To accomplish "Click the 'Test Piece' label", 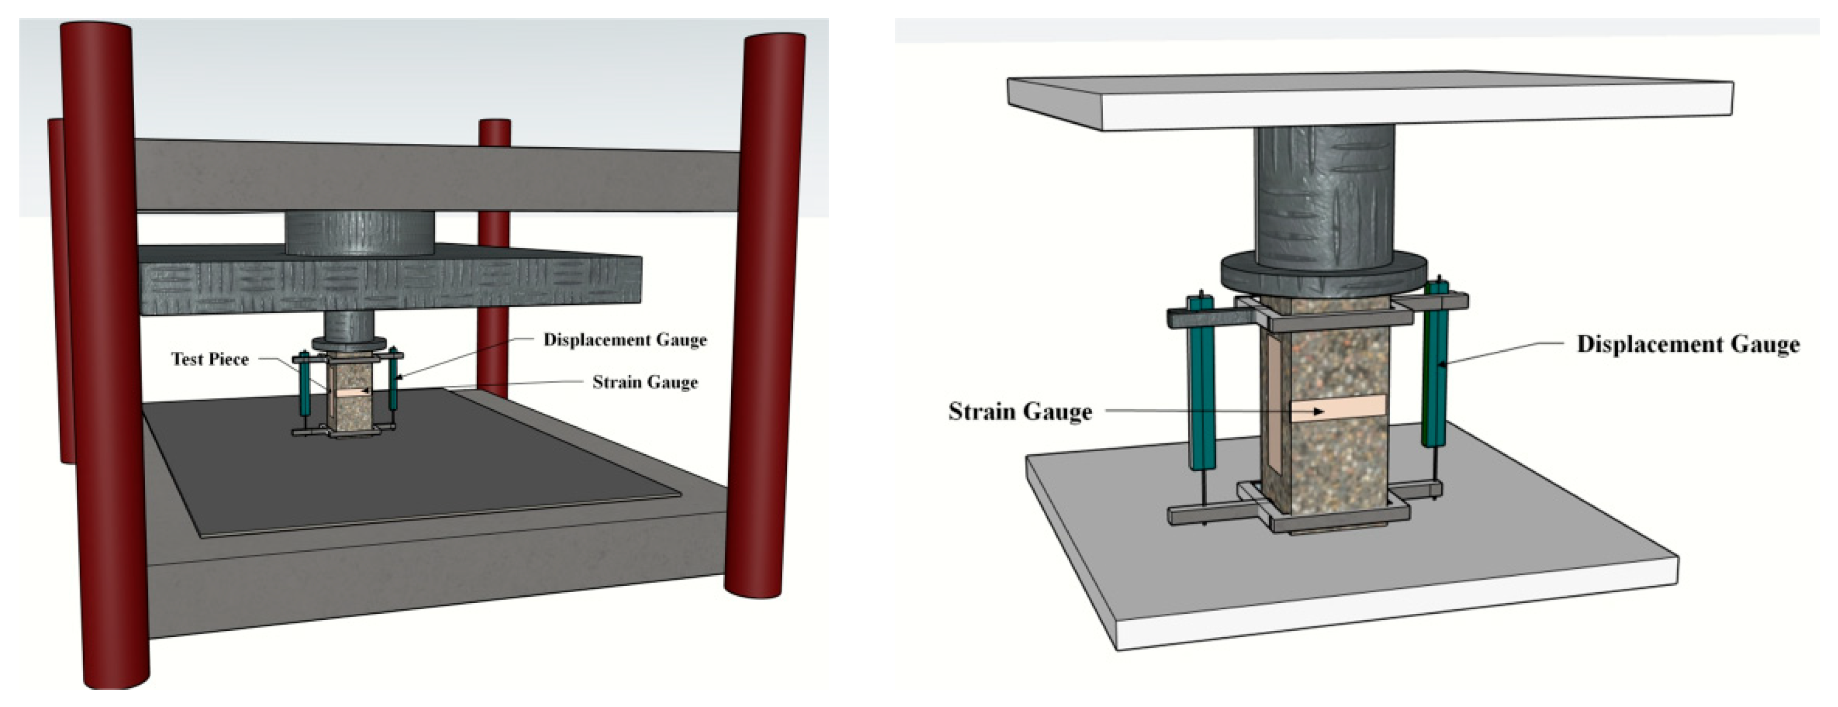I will (x=210, y=359).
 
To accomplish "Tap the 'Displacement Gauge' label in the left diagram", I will (x=625, y=340).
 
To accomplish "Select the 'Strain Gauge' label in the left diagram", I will (x=645, y=382).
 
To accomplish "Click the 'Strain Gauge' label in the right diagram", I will (x=1019, y=411).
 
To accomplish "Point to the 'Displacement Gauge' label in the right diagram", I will (x=1687, y=344).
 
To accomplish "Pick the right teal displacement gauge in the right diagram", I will (x=1435, y=371).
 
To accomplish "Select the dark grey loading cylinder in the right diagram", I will (x=1323, y=193).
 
